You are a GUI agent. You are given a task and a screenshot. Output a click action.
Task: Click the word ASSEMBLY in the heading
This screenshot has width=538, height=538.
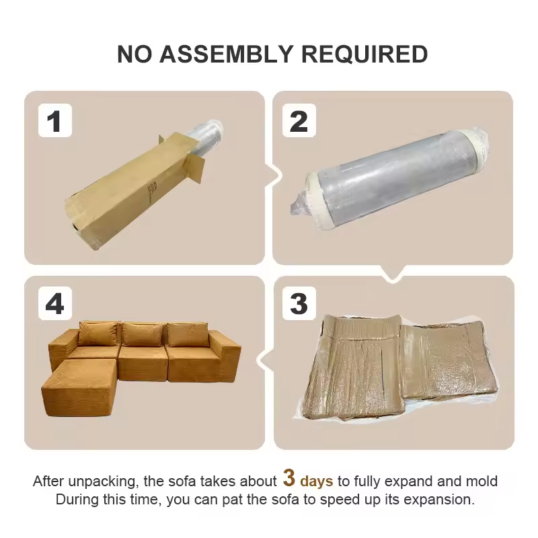[x=226, y=54]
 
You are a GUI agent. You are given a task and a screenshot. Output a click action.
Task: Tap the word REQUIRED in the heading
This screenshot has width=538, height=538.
[x=364, y=54]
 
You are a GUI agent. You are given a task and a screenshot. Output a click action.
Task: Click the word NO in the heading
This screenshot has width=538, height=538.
[x=134, y=54]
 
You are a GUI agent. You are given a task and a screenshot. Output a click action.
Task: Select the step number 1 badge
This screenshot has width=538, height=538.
[x=55, y=120]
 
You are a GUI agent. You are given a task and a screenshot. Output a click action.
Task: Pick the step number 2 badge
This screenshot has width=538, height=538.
[x=299, y=120]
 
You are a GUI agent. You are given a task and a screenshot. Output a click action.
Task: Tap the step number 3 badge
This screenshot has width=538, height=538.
[x=299, y=303]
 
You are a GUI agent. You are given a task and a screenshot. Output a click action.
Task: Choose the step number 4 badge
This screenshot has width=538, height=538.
[x=55, y=303]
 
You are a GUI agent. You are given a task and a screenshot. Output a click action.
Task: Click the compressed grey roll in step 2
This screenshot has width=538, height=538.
[x=391, y=178]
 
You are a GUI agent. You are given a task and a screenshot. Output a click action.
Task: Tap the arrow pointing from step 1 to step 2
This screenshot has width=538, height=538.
[x=274, y=176]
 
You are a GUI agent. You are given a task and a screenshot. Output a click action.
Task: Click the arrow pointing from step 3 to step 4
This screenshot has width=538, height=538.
[x=266, y=360]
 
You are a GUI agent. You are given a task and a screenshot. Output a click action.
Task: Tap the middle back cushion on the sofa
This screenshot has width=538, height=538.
[x=143, y=334]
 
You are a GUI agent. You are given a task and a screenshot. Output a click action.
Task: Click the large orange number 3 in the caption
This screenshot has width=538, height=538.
[x=289, y=477]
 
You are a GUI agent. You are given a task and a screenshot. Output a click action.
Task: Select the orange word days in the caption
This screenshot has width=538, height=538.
[x=316, y=481]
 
